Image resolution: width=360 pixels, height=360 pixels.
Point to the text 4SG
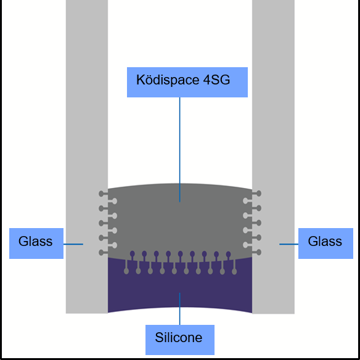[x=217, y=80]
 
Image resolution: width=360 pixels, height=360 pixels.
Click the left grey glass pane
[x=87, y=123]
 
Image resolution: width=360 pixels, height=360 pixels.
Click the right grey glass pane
[x=273, y=123]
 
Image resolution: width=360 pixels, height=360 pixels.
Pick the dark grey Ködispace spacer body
[x=179, y=222]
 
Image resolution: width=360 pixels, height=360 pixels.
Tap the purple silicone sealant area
[x=179, y=287]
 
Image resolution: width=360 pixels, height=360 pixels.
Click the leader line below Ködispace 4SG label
[x=179, y=148]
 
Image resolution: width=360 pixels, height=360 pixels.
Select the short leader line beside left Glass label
[x=74, y=244]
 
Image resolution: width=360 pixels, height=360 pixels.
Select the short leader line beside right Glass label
[x=288, y=244]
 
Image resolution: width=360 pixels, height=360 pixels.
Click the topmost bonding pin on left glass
[x=102, y=194]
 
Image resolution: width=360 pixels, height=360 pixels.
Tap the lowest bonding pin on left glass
[x=102, y=252]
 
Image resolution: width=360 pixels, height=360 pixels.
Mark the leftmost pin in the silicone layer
[x=127, y=271]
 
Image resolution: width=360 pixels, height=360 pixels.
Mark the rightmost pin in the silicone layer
[x=234, y=271]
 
